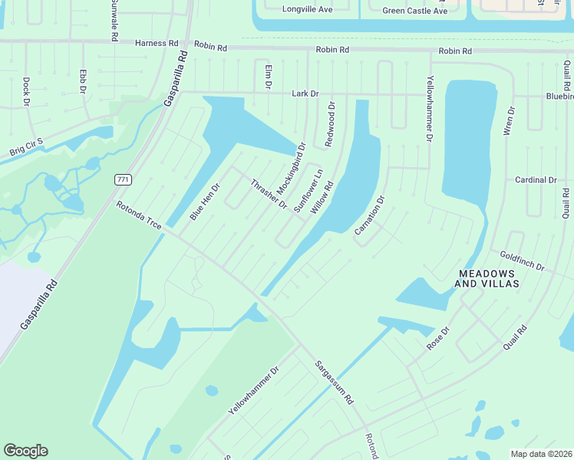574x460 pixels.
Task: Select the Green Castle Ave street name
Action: tap(414, 11)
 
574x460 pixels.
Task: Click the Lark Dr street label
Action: tap(305, 94)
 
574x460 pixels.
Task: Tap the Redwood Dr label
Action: tap(330, 125)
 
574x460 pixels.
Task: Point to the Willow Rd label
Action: tap(321, 199)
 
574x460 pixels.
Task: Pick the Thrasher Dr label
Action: tap(269, 194)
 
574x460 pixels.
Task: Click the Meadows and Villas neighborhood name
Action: tap(489, 278)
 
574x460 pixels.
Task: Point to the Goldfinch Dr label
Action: tap(522, 261)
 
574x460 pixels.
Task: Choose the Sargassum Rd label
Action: tap(334, 383)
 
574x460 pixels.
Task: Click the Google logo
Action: tap(25, 450)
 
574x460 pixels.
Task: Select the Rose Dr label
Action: tap(437, 339)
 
